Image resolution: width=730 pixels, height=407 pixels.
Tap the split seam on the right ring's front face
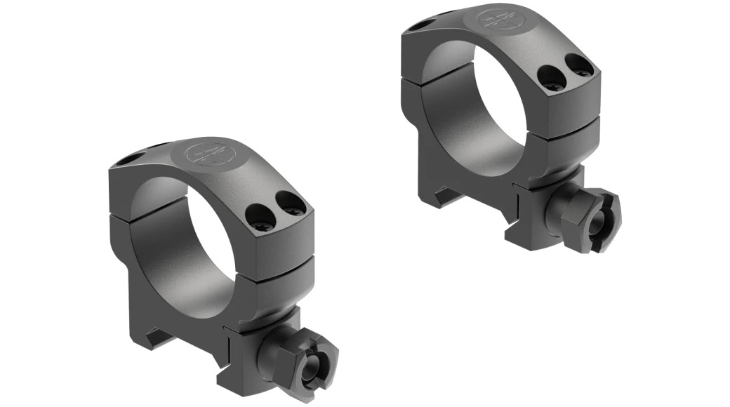click(570, 131)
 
